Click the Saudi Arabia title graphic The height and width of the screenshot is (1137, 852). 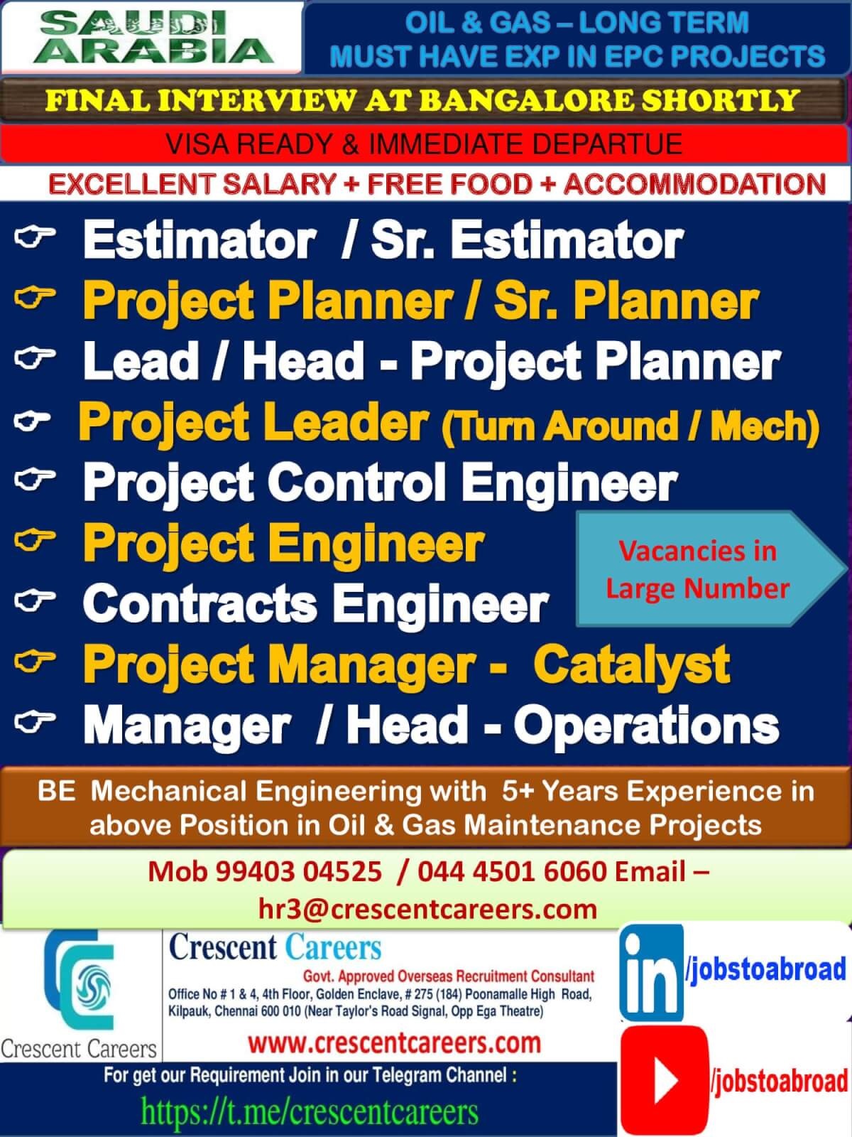point(153,37)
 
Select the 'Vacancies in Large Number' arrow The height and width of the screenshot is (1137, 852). point(711,568)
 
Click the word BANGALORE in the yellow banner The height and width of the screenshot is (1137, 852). point(526,100)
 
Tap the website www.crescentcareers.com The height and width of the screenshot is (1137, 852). point(395,1042)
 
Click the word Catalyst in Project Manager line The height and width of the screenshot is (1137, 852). point(632,664)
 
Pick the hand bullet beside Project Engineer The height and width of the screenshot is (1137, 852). point(35,540)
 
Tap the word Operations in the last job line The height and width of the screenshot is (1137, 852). point(646,725)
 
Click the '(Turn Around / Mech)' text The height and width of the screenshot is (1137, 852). point(630,426)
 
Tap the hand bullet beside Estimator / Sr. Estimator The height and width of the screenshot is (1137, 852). point(35,237)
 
